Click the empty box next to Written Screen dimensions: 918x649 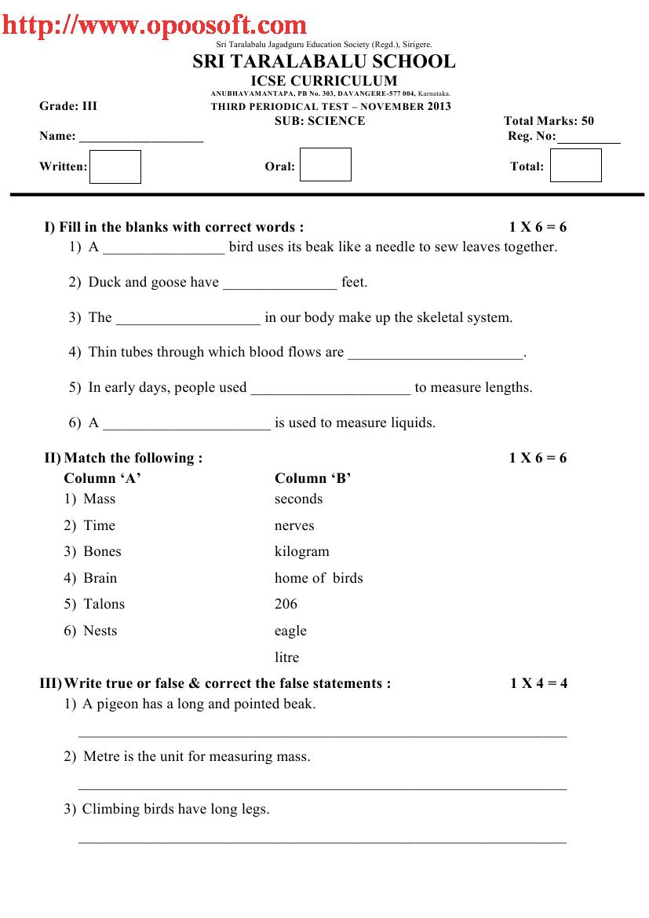(x=115, y=166)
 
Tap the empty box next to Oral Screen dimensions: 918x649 (x=326, y=165)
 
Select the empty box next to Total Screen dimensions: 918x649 (x=575, y=166)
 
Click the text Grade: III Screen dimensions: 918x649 (x=68, y=106)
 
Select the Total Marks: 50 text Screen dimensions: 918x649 (x=549, y=121)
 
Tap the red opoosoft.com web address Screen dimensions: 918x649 (x=154, y=25)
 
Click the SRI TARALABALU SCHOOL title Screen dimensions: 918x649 (x=323, y=62)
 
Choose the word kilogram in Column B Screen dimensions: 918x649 (x=302, y=551)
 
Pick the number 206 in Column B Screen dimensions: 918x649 (x=286, y=604)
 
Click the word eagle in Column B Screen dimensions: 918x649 (x=290, y=631)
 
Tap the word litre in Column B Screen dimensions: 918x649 (x=286, y=657)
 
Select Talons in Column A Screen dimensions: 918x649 (x=104, y=604)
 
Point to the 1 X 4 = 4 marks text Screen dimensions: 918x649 (x=538, y=683)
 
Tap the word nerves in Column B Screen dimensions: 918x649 (x=294, y=525)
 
